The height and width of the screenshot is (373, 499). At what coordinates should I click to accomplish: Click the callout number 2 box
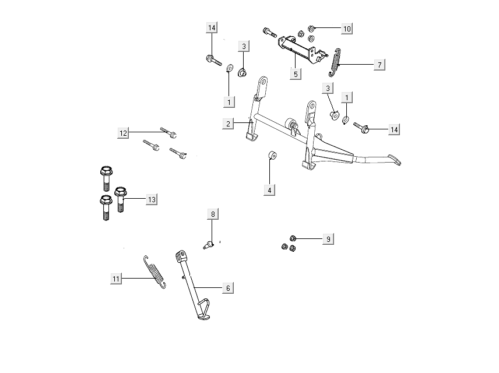tap(229, 124)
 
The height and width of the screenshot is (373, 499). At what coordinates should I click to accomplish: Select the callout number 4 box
tap(269, 189)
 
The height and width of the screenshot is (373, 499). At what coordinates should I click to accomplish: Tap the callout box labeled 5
tap(296, 74)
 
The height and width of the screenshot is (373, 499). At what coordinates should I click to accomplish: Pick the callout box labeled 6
tap(228, 288)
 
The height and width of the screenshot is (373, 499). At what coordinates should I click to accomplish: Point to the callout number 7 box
tap(379, 65)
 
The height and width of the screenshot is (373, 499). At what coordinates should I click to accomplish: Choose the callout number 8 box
tap(213, 214)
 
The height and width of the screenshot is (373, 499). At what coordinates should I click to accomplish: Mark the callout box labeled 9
tap(328, 239)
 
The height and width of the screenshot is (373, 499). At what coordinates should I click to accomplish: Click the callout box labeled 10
tap(346, 29)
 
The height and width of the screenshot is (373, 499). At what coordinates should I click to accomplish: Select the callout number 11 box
tap(116, 279)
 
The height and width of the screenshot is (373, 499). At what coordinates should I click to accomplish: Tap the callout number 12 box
tap(123, 133)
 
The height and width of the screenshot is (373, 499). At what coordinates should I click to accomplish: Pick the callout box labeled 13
tap(151, 199)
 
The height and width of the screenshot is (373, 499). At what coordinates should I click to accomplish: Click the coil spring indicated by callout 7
tap(336, 62)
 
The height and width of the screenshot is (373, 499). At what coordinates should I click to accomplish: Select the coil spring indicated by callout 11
tap(154, 272)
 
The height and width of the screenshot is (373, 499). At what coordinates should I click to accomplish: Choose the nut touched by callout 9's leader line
tap(294, 238)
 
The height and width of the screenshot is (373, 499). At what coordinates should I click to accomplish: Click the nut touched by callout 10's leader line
tap(311, 28)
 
